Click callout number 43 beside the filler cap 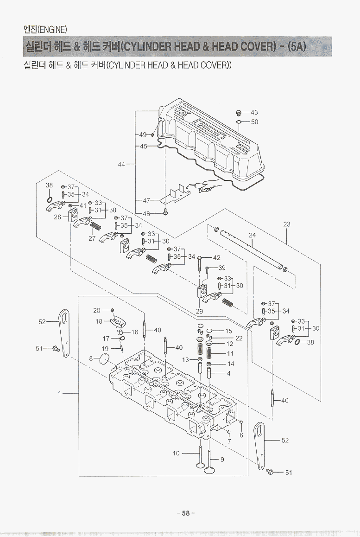(254, 113)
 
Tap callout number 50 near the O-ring (254, 122)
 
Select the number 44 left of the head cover (122, 164)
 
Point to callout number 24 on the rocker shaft (252, 235)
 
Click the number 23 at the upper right (287, 224)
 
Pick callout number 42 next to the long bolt (216, 258)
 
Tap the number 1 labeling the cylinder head (60, 394)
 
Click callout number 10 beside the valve (176, 453)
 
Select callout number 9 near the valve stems (222, 460)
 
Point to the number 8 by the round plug (91, 358)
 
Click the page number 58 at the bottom (185, 513)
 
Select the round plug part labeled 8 (105, 359)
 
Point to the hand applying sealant (205, 185)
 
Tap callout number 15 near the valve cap (228, 331)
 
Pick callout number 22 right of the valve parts (239, 338)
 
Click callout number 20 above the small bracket (97, 310)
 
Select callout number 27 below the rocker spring (92, 239)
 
